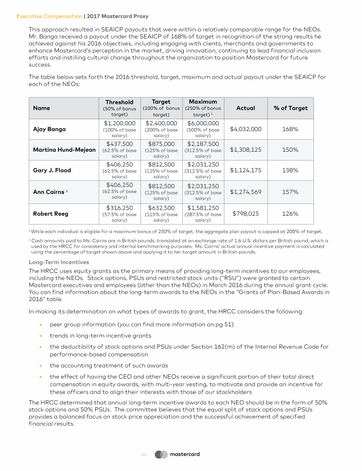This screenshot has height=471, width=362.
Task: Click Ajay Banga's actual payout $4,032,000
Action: (x=246, y=129)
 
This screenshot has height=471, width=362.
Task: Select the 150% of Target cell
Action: (x=290, y=150)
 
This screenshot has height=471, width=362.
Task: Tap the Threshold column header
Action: (x=119, y=102)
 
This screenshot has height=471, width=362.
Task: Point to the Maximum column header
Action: (x=203, y=101)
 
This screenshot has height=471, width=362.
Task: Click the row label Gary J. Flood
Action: (x=52, y=171)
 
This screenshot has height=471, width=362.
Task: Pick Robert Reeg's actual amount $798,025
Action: (x=246, y=214)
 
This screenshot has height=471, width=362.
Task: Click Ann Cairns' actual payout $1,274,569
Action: (x=246, y=192)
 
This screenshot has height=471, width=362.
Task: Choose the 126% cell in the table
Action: (x=290, y=214)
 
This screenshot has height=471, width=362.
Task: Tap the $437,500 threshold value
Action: (x=119, y=144)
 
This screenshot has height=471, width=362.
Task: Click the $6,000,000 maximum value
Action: (x=203, y=123)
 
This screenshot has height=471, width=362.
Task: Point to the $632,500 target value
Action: (x=161, y=208)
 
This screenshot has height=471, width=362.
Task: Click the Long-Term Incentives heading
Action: (x=59, y=262)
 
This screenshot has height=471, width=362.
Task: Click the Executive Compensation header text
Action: (x=49, y=16)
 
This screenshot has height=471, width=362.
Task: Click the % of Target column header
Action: (x=290, y=108)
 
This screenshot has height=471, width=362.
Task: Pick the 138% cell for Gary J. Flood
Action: (x=290, y=171)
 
